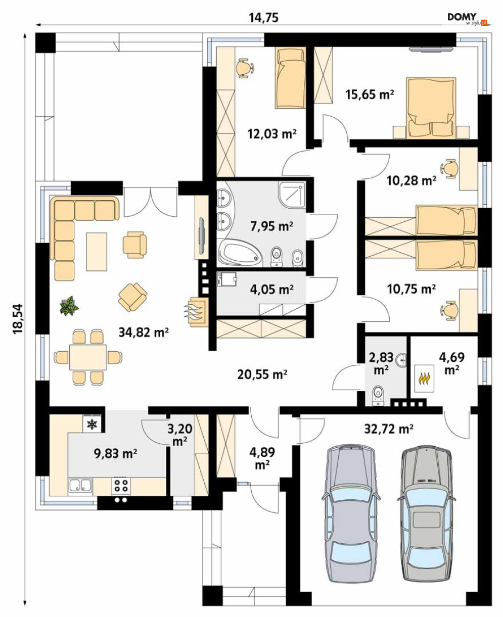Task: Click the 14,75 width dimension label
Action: [x=264, y=18]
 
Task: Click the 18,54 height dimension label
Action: [x=18, y=319]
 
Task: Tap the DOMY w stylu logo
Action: [x=468, y=19]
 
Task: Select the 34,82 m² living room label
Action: [x=144, y=333]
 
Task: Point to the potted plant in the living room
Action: [x=69, y=305]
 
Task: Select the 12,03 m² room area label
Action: [x=272, y=134]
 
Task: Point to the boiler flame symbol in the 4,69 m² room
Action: [x=425, y=378]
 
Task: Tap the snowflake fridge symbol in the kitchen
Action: [x=92, y=424]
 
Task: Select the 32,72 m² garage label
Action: [x=389, y=429]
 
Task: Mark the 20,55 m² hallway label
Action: [x=262, y=374]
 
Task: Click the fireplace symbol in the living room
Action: [x=197, y=311]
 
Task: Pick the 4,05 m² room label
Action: [x=272, y=289]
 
